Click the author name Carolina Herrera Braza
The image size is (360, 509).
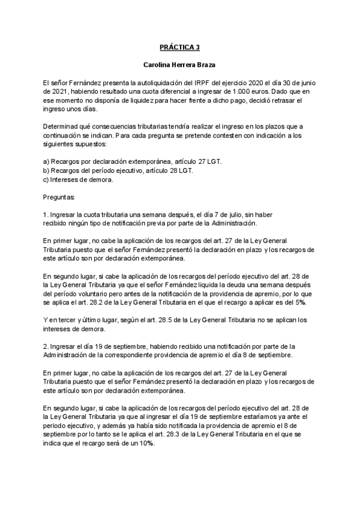tap(179, 64)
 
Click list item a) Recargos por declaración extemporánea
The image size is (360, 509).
tap(119, 162)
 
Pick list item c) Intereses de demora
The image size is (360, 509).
tap(79, 179)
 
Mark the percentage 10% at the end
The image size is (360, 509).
tap(146, 444)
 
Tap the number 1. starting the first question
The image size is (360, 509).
tap(46, 214)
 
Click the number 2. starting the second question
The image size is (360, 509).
tap(46, 346)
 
